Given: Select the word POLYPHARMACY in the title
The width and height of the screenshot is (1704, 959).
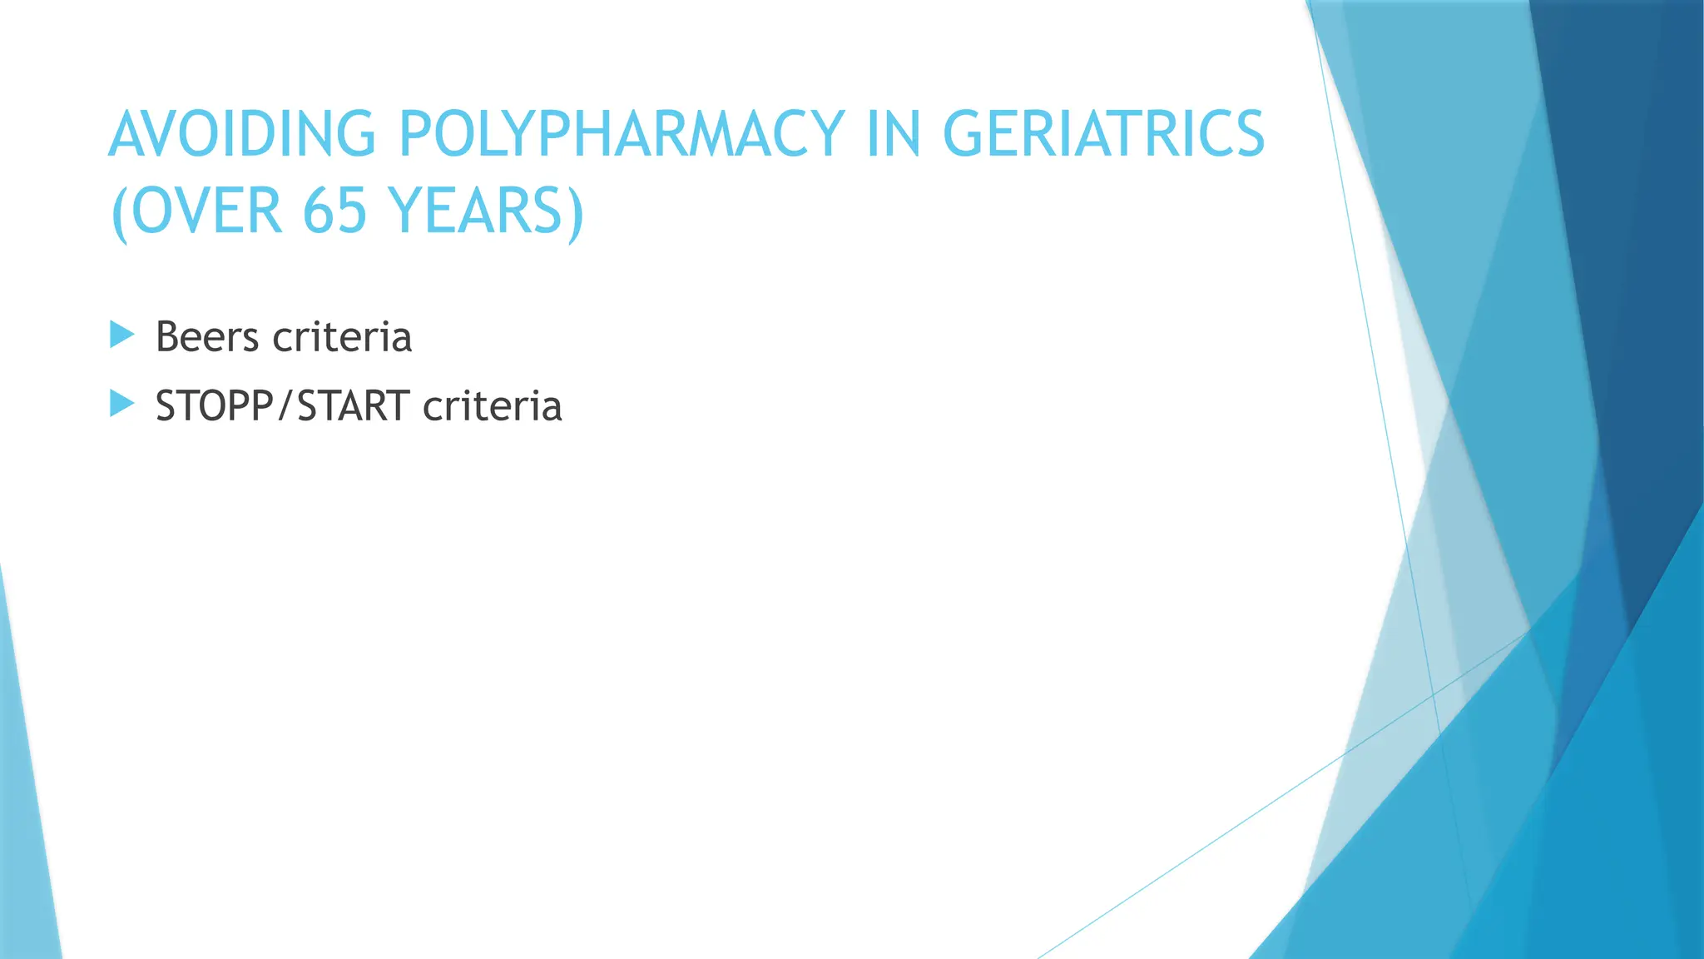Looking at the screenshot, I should pyautogui.click(x=622, y=134).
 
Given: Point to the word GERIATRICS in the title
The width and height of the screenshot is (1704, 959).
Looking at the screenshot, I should pyautogui.click(x=1103, y=134).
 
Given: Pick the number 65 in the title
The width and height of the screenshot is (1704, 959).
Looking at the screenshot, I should pyautogui.click(x=334, y=211).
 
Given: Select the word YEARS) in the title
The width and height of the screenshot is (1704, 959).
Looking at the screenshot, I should pyautogui.click(x=487, y=211).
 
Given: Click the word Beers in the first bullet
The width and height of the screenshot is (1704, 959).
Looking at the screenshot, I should pyautogui.click(x=207, y=337).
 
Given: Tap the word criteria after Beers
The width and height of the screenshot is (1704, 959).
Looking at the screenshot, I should pyautogui.click(x=342, y=337).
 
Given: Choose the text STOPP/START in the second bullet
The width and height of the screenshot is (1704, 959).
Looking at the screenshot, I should pyautogui.click(x=283, y=406).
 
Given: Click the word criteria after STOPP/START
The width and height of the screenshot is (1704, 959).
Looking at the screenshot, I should pyautogui.click(x=493, y=406).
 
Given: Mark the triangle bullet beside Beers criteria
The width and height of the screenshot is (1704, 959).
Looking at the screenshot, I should pyautogui.click(x=121, y=335).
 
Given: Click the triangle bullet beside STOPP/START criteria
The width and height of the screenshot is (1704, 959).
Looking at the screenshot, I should pyautogui.click(x=121, y=405).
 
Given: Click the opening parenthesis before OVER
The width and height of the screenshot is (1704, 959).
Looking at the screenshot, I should pyautogui.click(x=119, y=212).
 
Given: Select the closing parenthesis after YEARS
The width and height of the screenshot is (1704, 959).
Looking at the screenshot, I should pyautogui.click(x=576, y=212).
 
